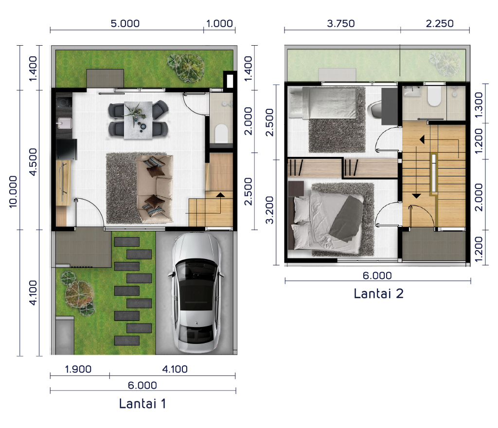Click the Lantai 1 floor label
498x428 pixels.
click(x=142, y=404)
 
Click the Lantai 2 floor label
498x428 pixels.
click(x=378, y=293)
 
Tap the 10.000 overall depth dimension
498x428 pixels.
click(x=13, y=191)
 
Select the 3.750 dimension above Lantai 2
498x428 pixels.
click(x=341, y=23)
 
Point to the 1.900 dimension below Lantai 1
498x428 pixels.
click(x=78, y=369)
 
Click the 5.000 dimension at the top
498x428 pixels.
click(x=125, y=23)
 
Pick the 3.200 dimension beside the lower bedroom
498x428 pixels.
click(x=269, y=210)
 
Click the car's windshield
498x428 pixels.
click(x=196, y=269)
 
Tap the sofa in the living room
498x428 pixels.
click(x=155, y=188)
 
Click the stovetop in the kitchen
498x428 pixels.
click(x=64, y=103)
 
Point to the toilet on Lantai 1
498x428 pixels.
click(x=221, y=133)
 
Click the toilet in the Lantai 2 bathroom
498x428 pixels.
click(x=434, y=96)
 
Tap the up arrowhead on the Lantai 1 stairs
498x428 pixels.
click(x=220, y=194)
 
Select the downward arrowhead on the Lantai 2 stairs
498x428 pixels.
click(x=416, y=196)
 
